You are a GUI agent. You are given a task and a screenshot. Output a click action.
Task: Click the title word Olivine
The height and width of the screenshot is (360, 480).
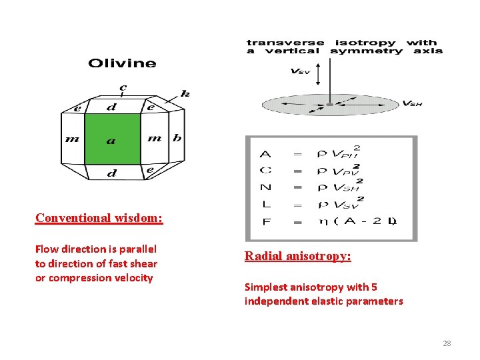point(122,64)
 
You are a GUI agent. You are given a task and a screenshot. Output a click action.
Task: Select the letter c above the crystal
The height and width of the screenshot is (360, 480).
point(123,87)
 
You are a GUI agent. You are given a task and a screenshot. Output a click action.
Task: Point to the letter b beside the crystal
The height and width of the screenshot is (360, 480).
point(177,138)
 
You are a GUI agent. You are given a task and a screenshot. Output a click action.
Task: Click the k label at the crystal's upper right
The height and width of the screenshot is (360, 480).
point(185,94)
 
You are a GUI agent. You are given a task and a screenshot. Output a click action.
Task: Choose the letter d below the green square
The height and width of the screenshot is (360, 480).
point(112,173)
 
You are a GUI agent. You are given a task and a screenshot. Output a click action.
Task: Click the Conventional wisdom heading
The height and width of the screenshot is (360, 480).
point(99,218)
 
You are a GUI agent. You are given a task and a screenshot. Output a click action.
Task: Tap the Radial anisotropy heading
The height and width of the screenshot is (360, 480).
point(297,256)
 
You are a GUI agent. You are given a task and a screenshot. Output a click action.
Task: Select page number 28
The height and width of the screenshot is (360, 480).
point(447,343)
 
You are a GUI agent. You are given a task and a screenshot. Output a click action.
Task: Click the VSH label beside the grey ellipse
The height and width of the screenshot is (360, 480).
point(412,103)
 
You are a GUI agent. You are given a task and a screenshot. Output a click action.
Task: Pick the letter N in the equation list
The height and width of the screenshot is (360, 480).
point(265,187)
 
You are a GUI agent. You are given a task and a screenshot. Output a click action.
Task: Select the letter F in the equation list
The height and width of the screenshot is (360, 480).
point(266,222)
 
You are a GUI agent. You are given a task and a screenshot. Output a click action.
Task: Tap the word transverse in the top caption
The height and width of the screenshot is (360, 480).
point(285,43)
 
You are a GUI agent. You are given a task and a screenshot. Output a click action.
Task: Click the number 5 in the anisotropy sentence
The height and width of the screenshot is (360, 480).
point(374,287)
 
